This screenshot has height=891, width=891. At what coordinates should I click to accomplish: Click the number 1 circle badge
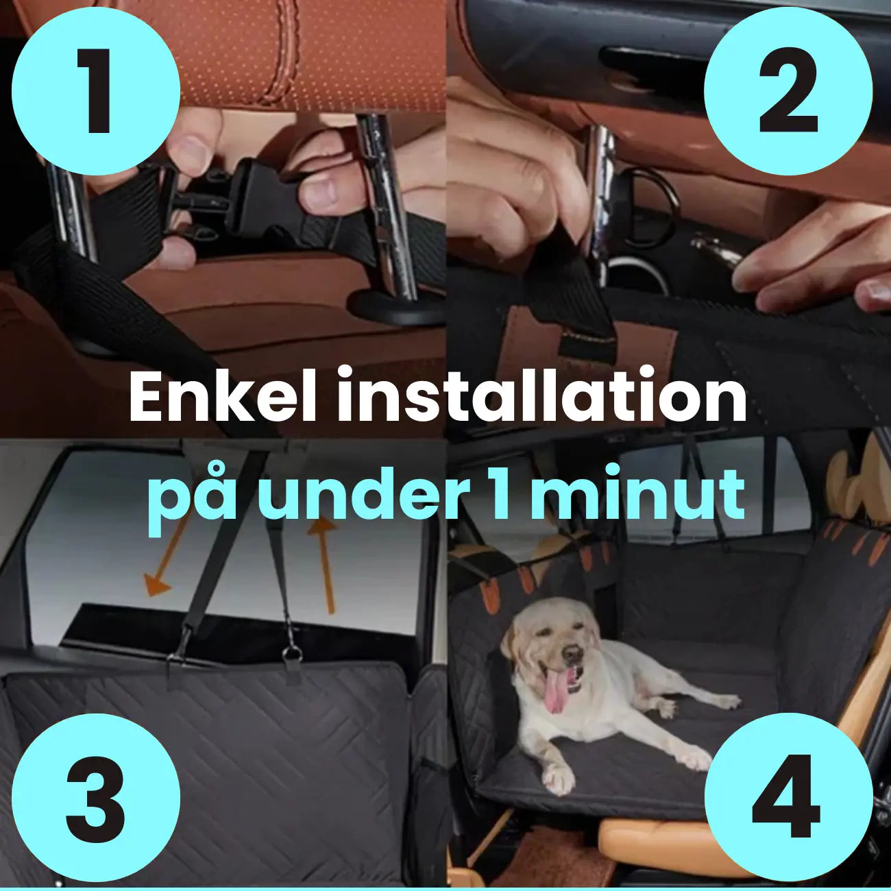point(96,91)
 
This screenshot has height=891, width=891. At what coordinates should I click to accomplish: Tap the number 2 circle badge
point(788,91)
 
